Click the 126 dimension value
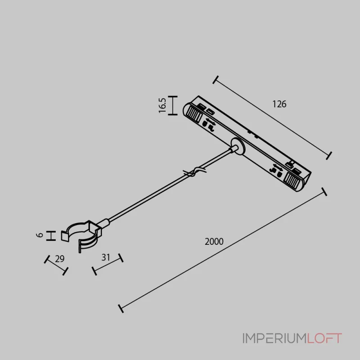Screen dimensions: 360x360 coord(279,104)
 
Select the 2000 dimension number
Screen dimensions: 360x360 coord(214,242)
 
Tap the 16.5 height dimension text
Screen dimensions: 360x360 coord(162,105)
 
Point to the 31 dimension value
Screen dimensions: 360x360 coord(106,257)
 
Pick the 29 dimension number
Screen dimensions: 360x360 coord(60,259)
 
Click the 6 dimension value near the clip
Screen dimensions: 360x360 coord(40,235)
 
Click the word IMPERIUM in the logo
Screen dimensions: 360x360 coord(274,338)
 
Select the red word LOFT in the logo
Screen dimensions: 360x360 coord(324,338)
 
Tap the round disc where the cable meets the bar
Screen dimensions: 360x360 coord(238,146)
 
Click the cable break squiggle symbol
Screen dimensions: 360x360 coord(195,172)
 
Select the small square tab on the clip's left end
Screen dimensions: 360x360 coord(65,236)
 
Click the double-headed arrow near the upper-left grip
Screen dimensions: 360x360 coord(211,121)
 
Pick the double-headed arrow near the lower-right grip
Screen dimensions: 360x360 coord(278,167)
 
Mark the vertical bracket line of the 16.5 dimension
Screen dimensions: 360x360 coord(173,105)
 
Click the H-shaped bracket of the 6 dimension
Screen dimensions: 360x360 coord(51,236)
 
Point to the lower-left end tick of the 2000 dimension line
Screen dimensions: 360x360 coord(121,309)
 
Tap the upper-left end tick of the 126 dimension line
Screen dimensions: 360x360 coord(216,80)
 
